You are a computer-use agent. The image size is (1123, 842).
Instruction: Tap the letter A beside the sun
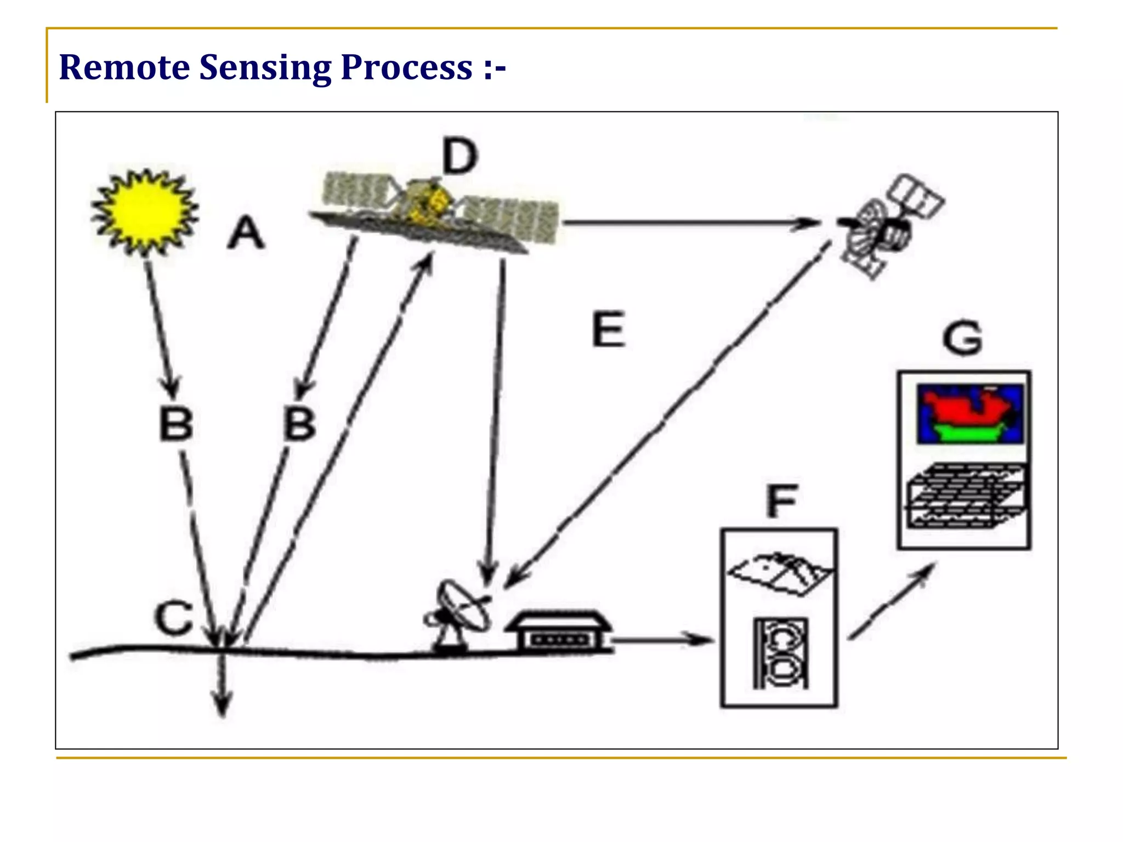click(246, 233)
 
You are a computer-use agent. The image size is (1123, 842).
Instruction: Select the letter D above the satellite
click(460, 156)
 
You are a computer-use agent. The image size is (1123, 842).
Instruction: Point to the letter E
click(609, 329)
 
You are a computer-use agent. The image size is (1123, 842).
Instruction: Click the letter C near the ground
click(174, 618)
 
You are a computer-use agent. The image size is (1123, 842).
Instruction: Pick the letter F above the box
click(781, 501)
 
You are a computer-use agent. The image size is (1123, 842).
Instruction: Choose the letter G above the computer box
click(963, 338)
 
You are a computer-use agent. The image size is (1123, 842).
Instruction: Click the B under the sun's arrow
click(176, 424)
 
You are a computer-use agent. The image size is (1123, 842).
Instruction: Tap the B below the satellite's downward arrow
click(300, 424)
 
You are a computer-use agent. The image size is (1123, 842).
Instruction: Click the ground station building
click(558, 630)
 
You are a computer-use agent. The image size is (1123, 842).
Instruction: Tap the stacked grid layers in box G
click(965, 496)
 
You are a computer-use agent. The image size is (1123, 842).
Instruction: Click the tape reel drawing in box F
click(780, 653)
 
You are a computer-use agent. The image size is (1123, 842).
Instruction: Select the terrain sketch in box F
click(779, 573)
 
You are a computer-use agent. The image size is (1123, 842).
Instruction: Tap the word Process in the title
click(406, 67)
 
